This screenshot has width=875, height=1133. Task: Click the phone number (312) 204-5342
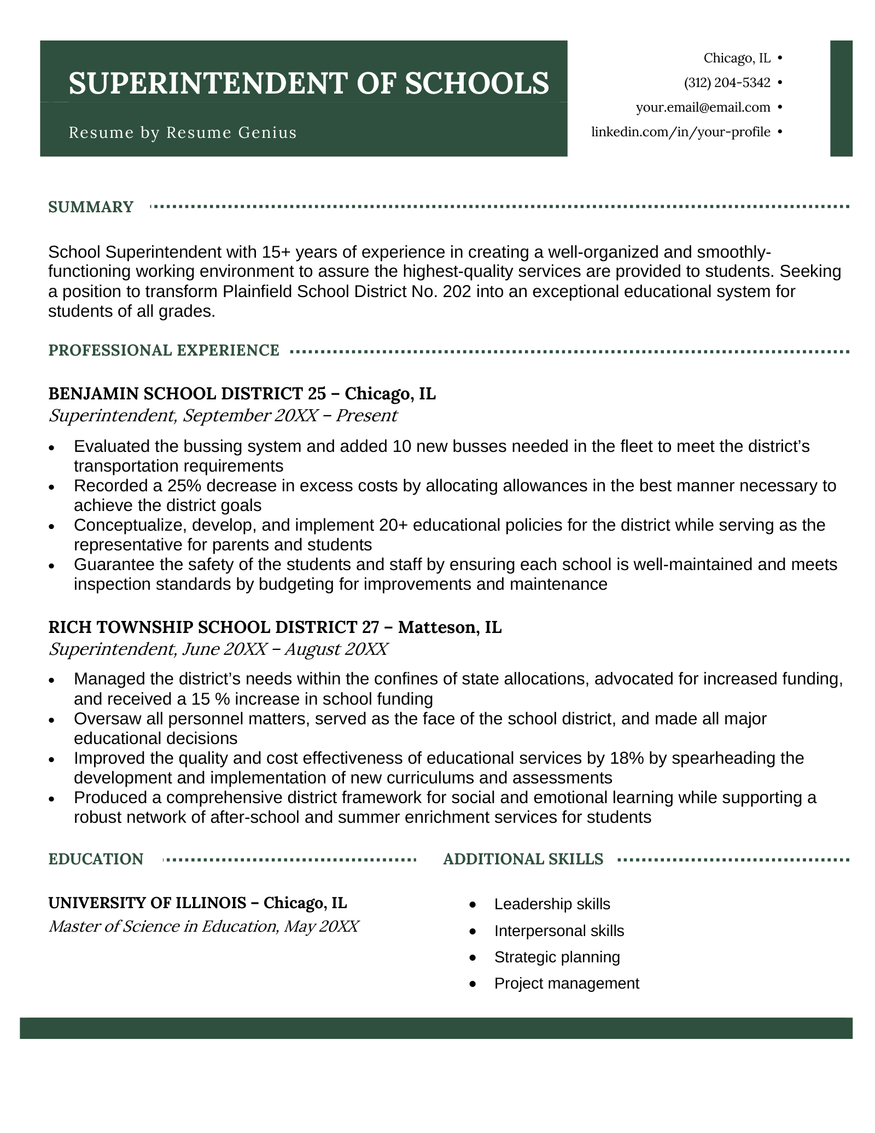(727, 83)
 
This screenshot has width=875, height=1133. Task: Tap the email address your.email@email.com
(703, 107)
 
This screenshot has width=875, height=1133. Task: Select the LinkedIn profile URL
(680, 132)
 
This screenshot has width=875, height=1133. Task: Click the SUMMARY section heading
(91, 207)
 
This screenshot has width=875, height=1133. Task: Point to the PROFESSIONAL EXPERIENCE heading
(164, 350)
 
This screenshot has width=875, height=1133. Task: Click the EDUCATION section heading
(96, 859)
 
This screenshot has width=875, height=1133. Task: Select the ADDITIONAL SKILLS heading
(523, 859)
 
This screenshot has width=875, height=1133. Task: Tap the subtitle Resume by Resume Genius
(183, 132)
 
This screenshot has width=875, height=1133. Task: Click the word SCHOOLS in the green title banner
(477, 83)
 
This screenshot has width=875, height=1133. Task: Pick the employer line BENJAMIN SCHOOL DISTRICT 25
(187, 393)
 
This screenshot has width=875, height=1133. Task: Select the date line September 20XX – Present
(290, 415)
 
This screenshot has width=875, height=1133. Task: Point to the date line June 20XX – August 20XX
(284, 649)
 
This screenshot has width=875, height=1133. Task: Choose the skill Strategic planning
(557, 957)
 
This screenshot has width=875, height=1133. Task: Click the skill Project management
(566, 983)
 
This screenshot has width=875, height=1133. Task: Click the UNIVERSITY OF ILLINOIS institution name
(147, 903)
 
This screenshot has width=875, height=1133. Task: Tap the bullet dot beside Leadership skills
(473, 905)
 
